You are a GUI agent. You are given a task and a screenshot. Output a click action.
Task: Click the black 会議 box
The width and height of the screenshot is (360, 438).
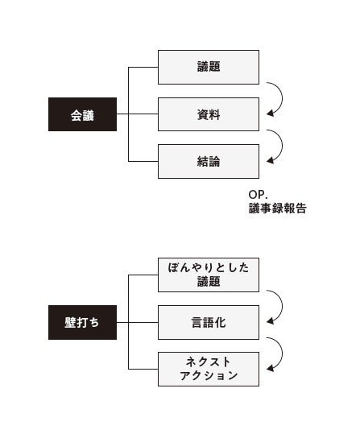point(82,114)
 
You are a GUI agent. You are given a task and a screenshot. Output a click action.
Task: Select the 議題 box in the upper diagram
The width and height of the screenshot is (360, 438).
point(208,68)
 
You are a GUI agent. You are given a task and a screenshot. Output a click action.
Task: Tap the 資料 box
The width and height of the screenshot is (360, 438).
point(208,114)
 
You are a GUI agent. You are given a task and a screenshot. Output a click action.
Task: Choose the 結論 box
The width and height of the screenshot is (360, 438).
point(208,161)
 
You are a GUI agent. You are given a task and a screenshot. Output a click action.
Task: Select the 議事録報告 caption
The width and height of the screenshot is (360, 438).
point(277,209)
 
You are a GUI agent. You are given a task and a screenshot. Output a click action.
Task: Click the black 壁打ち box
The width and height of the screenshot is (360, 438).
point(82,322)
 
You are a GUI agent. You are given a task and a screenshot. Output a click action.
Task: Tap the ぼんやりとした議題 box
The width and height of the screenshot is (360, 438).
point(208,275)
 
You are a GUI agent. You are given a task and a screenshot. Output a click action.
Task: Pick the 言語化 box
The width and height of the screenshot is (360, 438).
point(208,322)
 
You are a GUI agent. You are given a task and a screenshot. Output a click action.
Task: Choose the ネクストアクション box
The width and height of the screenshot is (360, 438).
point(208,369)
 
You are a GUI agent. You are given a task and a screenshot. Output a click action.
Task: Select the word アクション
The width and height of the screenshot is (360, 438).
point(208,376)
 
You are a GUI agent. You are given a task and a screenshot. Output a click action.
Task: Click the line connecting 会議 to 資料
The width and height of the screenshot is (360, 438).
point(137,114)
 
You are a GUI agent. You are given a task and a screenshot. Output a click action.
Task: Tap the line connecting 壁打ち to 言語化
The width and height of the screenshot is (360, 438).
point(137,322)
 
